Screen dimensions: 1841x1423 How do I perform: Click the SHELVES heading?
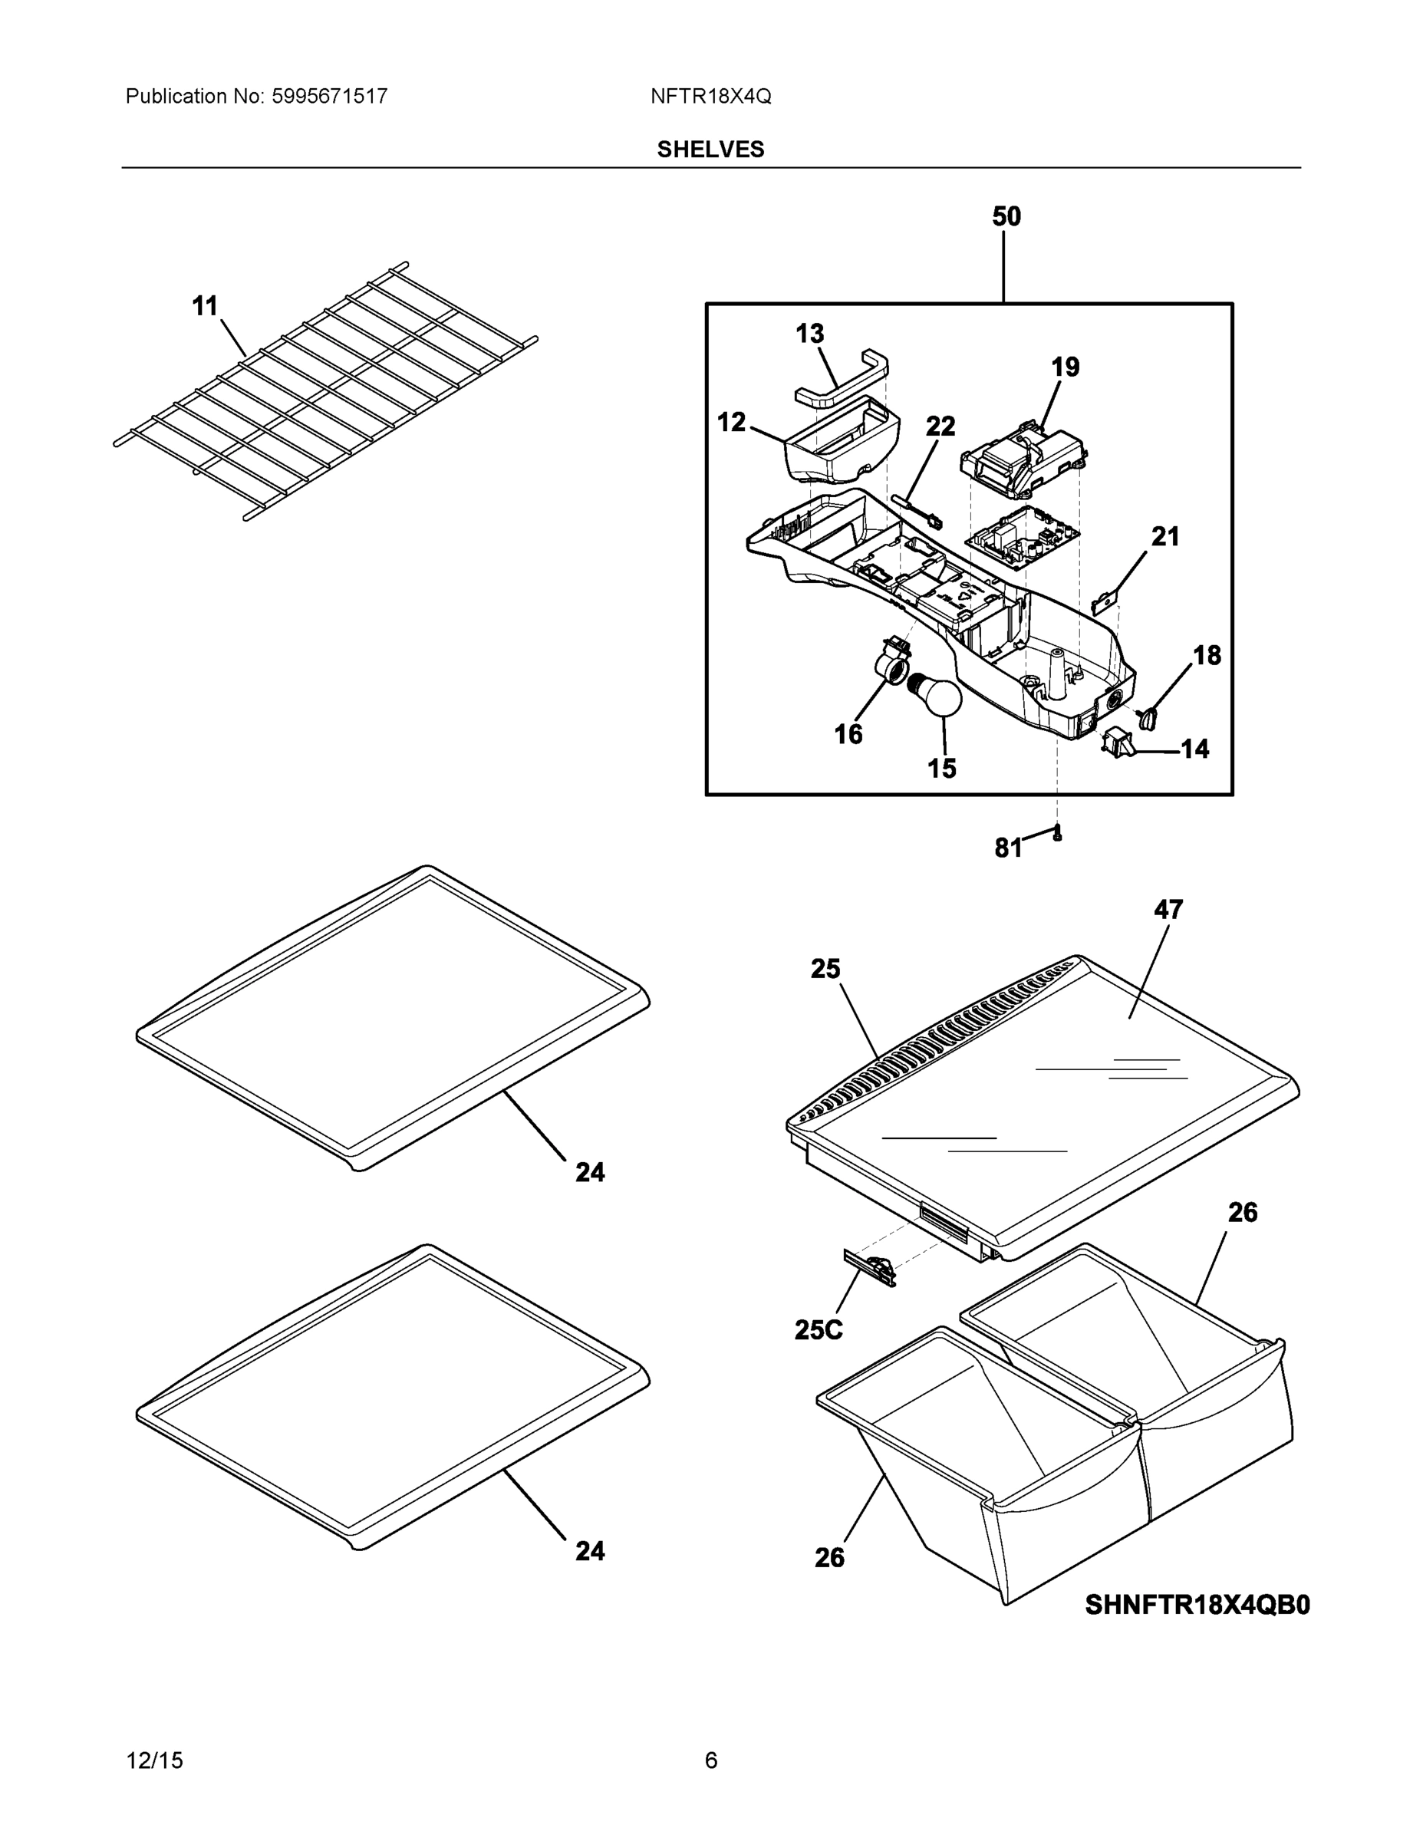pos(710,150)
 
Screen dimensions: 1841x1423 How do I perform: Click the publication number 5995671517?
pos(329,96)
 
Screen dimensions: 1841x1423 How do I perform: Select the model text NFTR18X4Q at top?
pos(710,96)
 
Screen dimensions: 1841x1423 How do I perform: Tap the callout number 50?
pos(1006,216)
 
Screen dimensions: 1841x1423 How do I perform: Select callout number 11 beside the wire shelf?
pos(205,306)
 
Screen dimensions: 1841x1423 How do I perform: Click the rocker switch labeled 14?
pos(1118,740)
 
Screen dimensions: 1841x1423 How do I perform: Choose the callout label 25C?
pos(818,1329)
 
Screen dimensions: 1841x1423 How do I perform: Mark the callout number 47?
pos(1168,909)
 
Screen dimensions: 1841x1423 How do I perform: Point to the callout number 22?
pos(940,426)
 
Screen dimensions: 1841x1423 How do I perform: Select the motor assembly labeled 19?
pos(1020,459)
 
